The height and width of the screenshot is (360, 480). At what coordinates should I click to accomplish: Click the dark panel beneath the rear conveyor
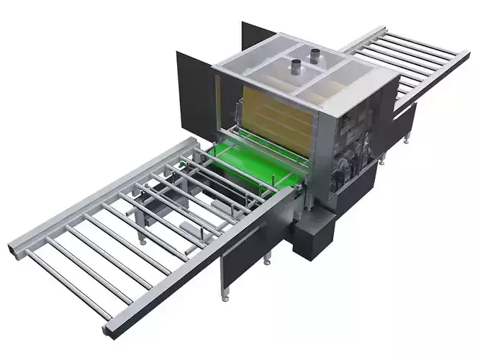point(403,115)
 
